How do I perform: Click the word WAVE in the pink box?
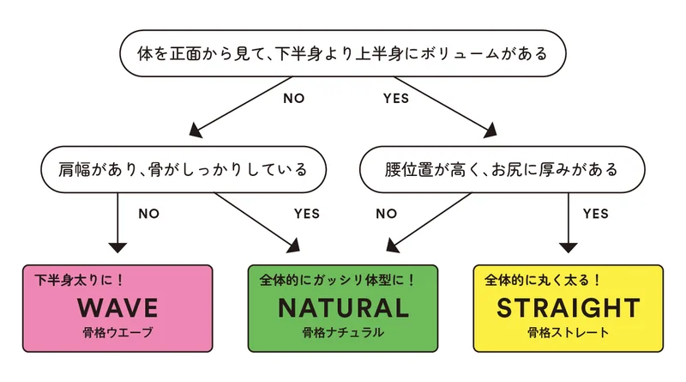click(x=118, y=307)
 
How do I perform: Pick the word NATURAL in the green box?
click(x=343, y=307)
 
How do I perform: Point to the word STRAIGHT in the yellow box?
click(x=568, y=307)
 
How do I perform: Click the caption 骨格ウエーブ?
click(x=118, y=332)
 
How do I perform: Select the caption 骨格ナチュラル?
click(x=343, y=332)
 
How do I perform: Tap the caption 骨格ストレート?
click(x=568, y=332)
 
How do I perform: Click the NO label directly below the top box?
click(x=294, y=98)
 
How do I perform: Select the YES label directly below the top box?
click(x=394, y=98)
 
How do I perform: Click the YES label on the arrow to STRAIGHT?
click(x=595, y=211)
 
